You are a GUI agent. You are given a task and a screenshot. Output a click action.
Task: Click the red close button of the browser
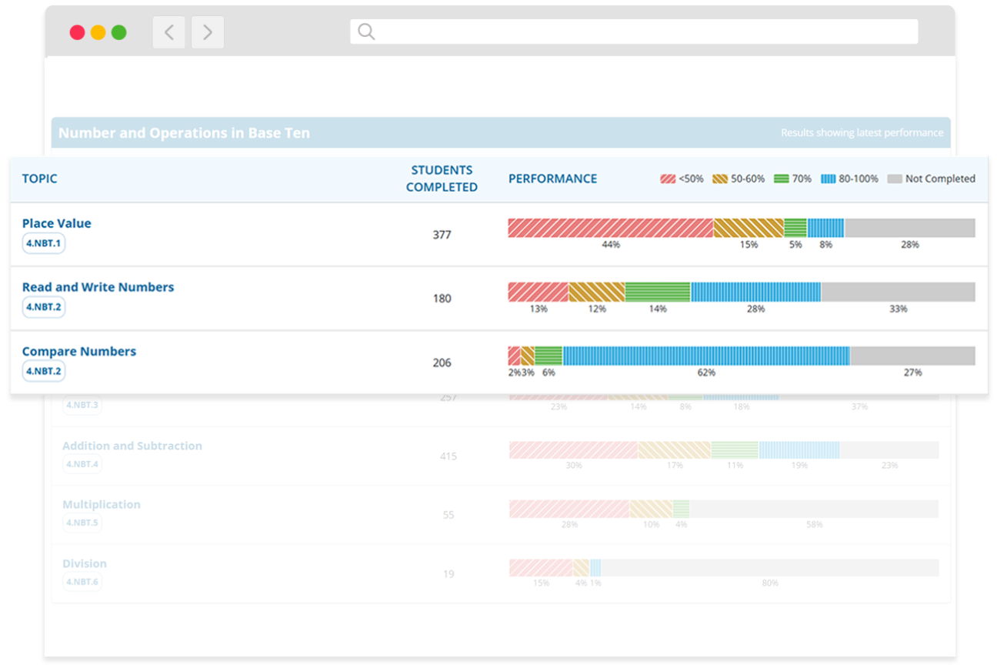(x=77, y=32)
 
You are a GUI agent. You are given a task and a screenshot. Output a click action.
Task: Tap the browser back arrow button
(x=168, y=32)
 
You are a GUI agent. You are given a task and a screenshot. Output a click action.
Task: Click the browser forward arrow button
(x=208, y=32)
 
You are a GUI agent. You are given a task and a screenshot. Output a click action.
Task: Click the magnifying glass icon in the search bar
(x=367, y=32)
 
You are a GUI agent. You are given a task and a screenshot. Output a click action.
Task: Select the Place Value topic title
(x=56, y=223)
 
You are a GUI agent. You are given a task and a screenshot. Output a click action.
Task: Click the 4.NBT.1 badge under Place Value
(x=43, y=242)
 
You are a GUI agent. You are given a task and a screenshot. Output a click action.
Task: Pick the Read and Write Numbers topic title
(x=98, y=287)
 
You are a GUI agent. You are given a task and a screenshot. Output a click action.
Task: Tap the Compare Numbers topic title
(x=78, y=351)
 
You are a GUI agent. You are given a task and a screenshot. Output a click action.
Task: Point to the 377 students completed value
(x=442, y=235)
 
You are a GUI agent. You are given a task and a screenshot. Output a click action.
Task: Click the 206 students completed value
(x=442, y=363)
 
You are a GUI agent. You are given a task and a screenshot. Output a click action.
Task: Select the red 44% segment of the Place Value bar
(x=610, y=228)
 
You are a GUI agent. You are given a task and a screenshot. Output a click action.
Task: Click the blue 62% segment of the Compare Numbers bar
(x=706, y=356)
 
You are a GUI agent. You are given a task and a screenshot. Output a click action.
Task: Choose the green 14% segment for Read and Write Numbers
(x=658, y=292)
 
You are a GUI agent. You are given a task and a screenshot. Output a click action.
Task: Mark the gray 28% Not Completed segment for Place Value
(x=909, y=228)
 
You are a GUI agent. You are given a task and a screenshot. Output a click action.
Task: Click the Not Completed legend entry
(x=931, y=179)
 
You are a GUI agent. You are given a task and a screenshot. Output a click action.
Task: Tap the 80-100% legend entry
(x=849, y=179)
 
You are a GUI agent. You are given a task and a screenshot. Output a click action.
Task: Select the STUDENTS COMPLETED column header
(x=442, y=178)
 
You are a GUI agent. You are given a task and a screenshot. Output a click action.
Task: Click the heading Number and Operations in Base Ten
(x=184, y=132)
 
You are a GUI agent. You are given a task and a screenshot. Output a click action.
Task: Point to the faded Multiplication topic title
(x=102, y=504)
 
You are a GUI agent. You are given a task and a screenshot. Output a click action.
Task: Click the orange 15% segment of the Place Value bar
(x=749, y=228)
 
